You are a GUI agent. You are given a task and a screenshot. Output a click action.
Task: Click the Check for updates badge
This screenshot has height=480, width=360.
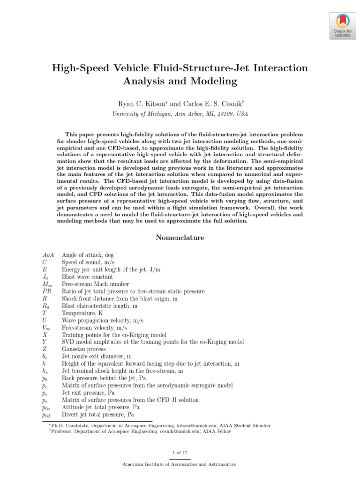coord(342,26)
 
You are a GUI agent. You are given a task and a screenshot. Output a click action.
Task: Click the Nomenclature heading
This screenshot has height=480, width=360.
coord(180,238)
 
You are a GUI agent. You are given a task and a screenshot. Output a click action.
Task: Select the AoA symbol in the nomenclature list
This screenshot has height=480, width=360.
coord(48,255)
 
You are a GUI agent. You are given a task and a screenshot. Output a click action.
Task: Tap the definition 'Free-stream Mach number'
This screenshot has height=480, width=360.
coord(96,284)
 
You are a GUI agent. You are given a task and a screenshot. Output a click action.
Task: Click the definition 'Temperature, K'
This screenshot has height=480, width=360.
coord(82,313)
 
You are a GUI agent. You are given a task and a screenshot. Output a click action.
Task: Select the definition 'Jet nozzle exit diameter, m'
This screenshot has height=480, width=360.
coord(97,357)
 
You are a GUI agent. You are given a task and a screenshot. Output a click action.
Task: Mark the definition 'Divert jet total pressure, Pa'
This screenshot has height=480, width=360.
coord(98,415)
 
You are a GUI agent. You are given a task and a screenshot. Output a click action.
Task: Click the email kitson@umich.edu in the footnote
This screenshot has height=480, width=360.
coord(187,426)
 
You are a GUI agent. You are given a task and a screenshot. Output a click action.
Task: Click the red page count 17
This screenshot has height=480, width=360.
coord(185,452)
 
